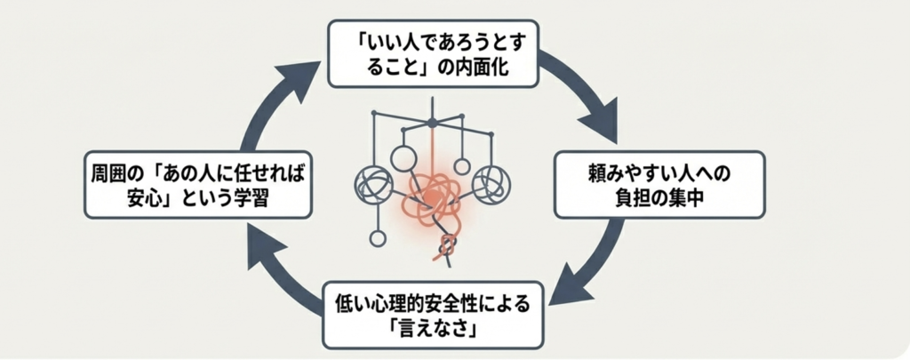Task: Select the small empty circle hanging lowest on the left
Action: click(x=378, y=238)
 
